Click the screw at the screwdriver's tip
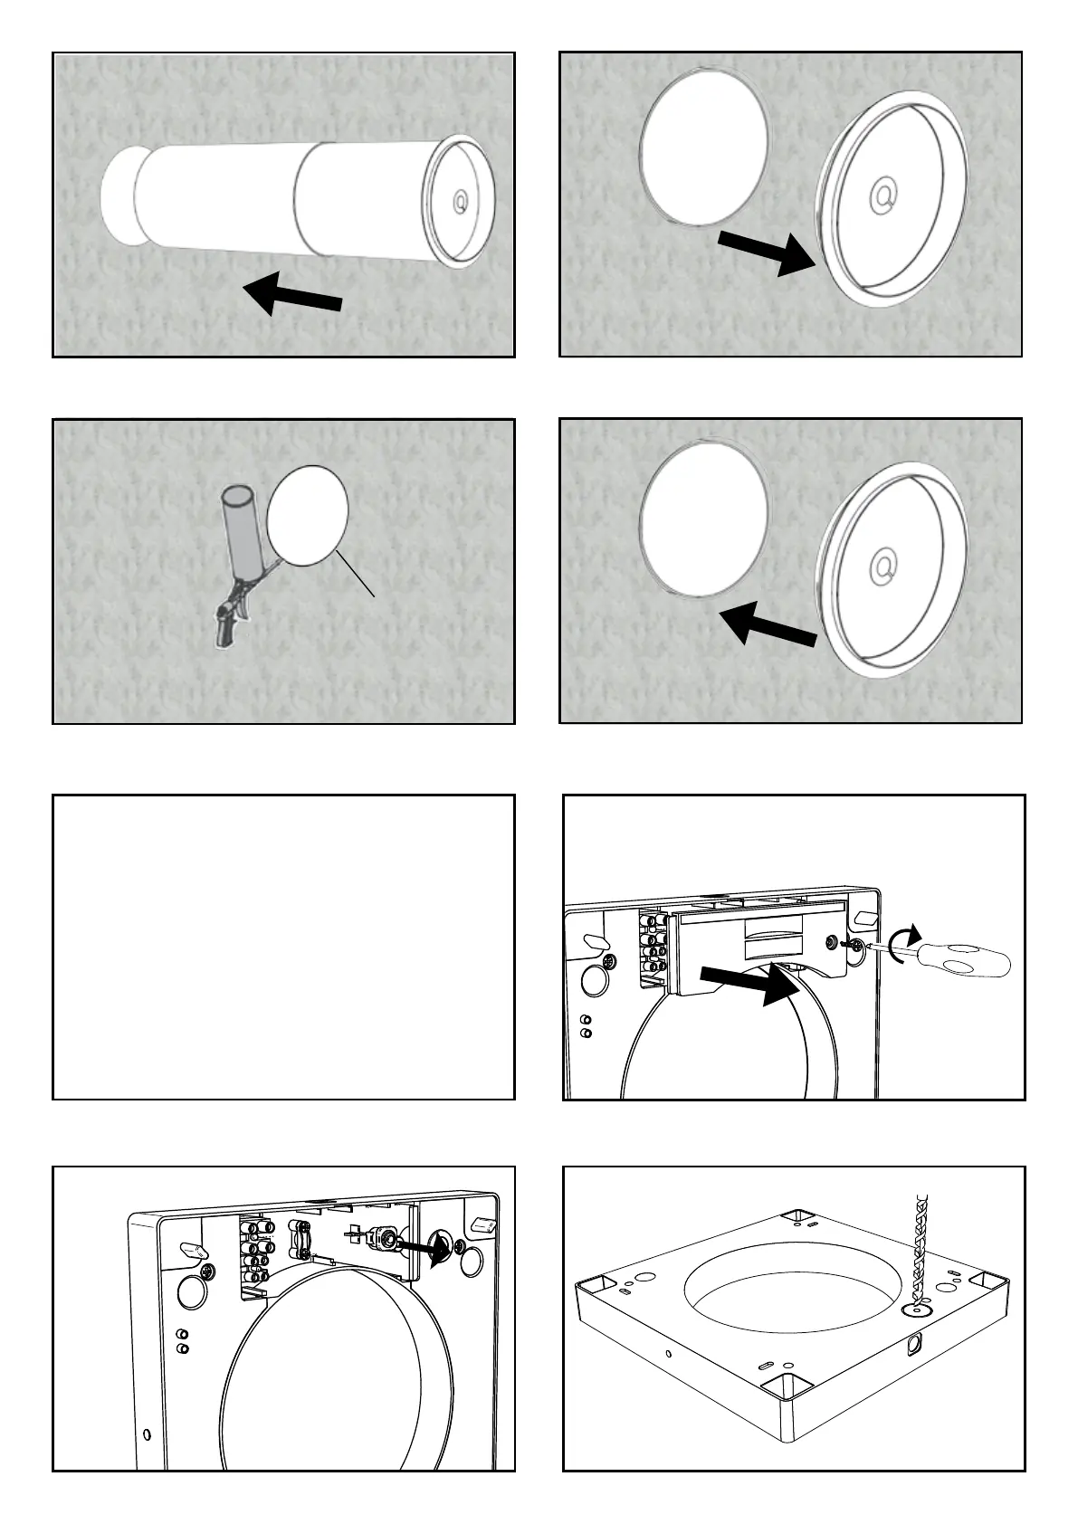[x=849, y=945]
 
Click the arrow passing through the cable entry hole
[x=424, y=1250]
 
